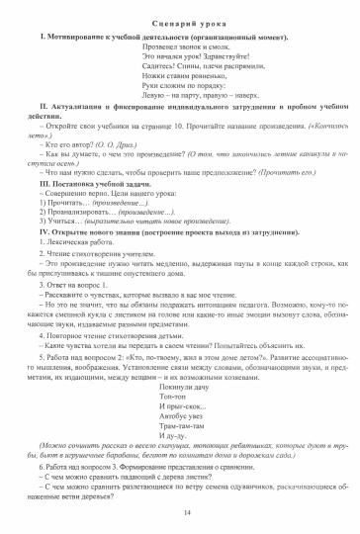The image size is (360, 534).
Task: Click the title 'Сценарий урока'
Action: pos(179,22)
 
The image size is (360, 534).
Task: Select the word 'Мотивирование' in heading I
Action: pos(75,36)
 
